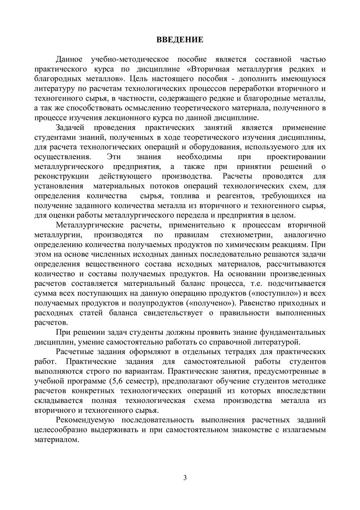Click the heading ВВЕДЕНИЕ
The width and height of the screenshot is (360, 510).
[180, 40]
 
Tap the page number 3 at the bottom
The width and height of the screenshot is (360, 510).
[185, 477]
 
